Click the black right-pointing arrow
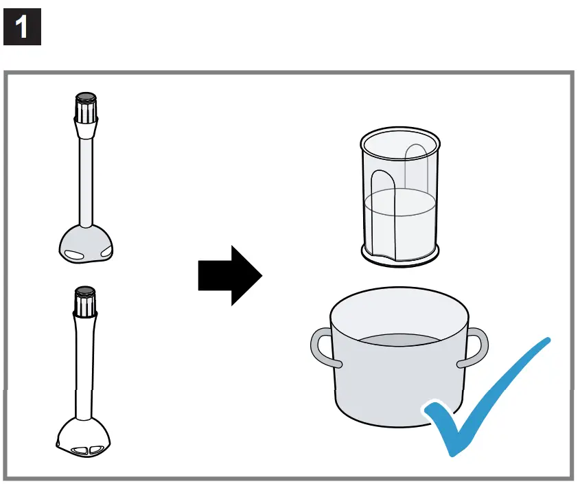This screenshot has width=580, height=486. click(x=230, y=275)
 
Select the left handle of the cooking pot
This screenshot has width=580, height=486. click(x=321, y=348)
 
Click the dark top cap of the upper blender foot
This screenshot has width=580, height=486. click(x=86, y=97)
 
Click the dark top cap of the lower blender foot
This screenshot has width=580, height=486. click(x=85, y=291)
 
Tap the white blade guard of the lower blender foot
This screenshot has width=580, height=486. click(x=84, y=436)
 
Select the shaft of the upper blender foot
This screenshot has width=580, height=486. click(x=86, y=178)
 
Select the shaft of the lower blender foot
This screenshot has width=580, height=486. click(x=84, y=364)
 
